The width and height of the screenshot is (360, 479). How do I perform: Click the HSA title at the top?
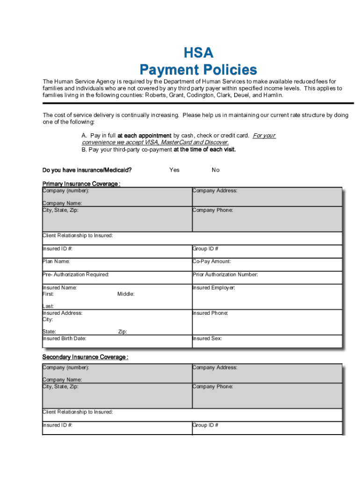(198, 53)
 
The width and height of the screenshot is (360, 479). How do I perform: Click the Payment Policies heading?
(198, 70)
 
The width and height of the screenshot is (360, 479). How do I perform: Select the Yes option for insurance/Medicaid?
(174, 170)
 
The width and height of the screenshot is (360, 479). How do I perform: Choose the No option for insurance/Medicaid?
(215, 170)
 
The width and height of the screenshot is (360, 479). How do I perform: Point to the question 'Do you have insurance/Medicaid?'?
(87, 170)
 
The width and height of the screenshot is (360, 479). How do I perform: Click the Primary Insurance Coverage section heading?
(81, 184)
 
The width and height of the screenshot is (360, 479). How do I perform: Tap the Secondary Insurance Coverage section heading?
(85, 357)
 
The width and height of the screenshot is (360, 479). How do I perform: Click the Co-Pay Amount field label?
(212, 261)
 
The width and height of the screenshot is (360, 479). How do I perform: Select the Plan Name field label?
(56, 261)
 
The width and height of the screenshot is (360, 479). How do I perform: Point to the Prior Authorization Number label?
(225, 275)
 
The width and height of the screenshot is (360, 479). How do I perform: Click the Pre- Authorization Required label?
(76, 275)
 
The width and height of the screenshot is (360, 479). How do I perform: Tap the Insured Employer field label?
(214, 288)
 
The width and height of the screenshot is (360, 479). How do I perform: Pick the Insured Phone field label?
(210, 313)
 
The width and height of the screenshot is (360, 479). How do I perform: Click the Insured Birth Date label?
(65, 338)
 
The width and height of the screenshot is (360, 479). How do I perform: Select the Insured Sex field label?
(207, 338)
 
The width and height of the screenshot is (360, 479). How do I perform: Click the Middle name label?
(126, 294)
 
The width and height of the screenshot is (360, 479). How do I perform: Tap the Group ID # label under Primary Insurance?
(206, 248)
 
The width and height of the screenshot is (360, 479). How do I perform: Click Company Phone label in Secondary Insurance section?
(213, 386)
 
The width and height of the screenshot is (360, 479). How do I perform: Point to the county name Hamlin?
(273, 95)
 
